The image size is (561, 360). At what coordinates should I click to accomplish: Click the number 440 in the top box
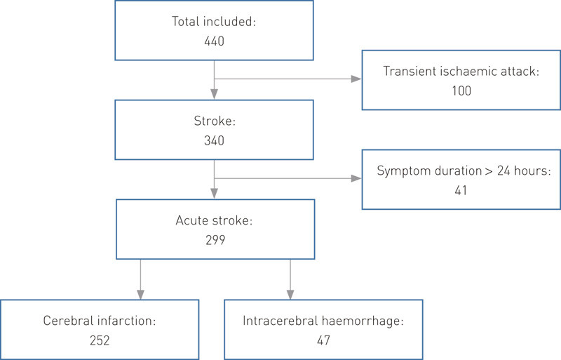pyautogui.click(x=213, y=41)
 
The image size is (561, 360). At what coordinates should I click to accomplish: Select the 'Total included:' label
pyautogui.click(x=213, y=22)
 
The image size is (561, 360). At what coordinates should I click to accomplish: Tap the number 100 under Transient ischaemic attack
pyautogui.click(x=461, y=91)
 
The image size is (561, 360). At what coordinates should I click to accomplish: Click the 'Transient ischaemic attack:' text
pyautogui.click(x=461, y=71)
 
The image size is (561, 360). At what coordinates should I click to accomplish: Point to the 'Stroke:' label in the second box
pyautogui.click(x=213, y=121)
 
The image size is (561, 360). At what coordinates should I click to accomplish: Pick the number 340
pyautogui.click(x=213, y=141)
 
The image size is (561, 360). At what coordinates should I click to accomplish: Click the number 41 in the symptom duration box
pyautogui.click(x=461, y=190)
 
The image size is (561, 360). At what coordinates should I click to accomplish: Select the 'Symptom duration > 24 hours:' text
pyautogui.click(x=461, y=171)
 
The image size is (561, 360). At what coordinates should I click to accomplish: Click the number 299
pyautogui.click(x=213, y=239)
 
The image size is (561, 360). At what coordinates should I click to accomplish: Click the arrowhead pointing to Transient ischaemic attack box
pyautogui.click(x=357, y=79)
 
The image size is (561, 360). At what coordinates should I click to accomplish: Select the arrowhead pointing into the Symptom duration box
pyautogui.click(x=357, y=178)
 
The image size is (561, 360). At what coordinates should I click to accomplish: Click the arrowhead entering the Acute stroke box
pyautogui.click(x=213, y=194)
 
